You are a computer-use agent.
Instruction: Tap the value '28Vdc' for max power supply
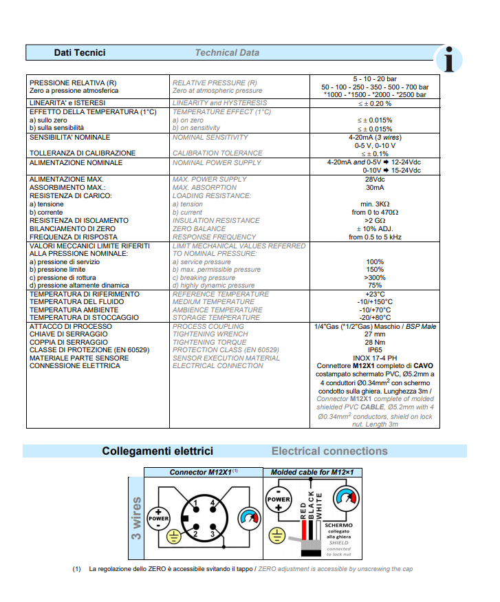tap(375, 179)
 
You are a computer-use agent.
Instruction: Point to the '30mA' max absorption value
tap(375, 187)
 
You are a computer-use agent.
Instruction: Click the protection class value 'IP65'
tap(375, 350)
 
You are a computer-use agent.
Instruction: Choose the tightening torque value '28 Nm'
tap(375, 342)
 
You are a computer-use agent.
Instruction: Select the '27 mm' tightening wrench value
tap(375, 334)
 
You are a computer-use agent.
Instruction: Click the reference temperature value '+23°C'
tap(375, 294)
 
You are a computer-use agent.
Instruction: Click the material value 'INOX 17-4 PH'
tap(375, 358)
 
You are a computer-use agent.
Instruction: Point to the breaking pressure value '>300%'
tap(375, 277)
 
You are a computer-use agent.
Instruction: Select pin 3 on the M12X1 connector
tap(213, 534)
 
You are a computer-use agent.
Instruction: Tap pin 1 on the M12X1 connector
tap(195, 504)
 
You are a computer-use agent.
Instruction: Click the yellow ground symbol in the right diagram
tap(277, 537)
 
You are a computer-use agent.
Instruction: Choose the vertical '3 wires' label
tap(136, 518)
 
